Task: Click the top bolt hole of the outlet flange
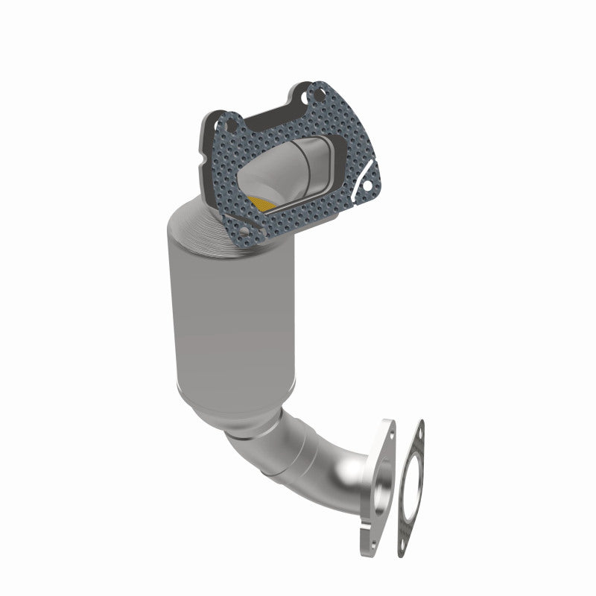tap(387, 430)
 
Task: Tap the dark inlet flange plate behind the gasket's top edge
tap(268, 109)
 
